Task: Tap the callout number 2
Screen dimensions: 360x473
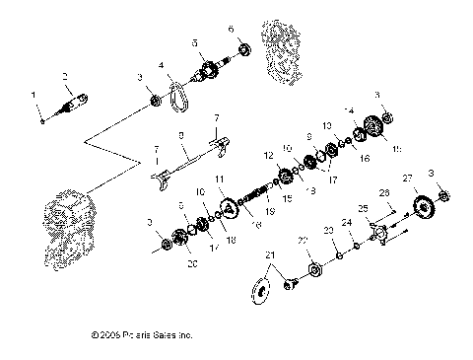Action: tap(65, 76)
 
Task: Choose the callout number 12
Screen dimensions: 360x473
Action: tap(268, 156)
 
